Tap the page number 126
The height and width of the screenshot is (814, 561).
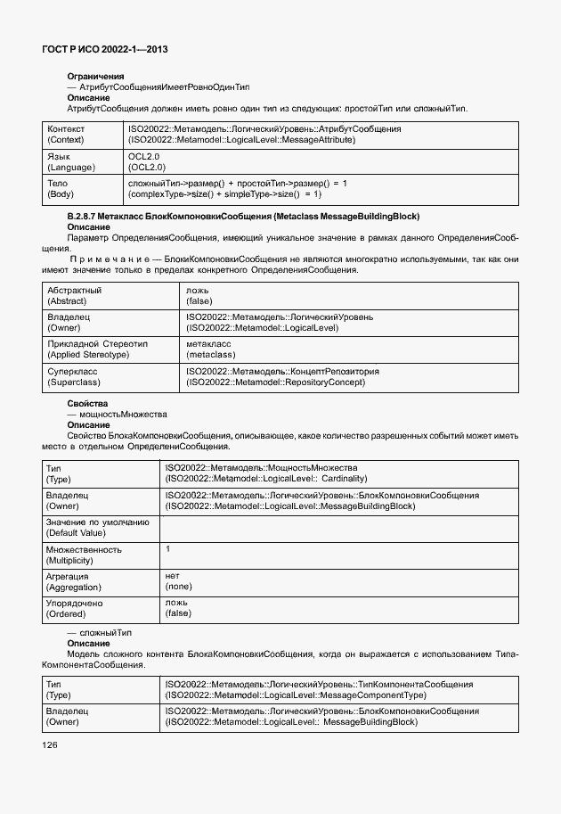point(51,744)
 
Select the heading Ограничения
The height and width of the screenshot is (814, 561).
point(95,77)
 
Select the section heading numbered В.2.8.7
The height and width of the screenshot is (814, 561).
point(243,217)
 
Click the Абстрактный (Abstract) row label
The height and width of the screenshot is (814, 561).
point(74,296)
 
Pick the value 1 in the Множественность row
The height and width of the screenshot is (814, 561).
point(168,549)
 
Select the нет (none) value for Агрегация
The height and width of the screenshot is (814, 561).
point(178,581)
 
